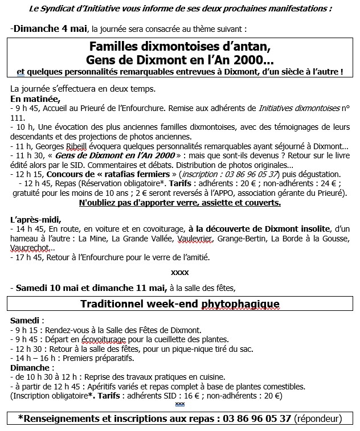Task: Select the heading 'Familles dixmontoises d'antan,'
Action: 180,47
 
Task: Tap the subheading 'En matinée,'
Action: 35,98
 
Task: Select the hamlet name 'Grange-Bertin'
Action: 252,238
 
